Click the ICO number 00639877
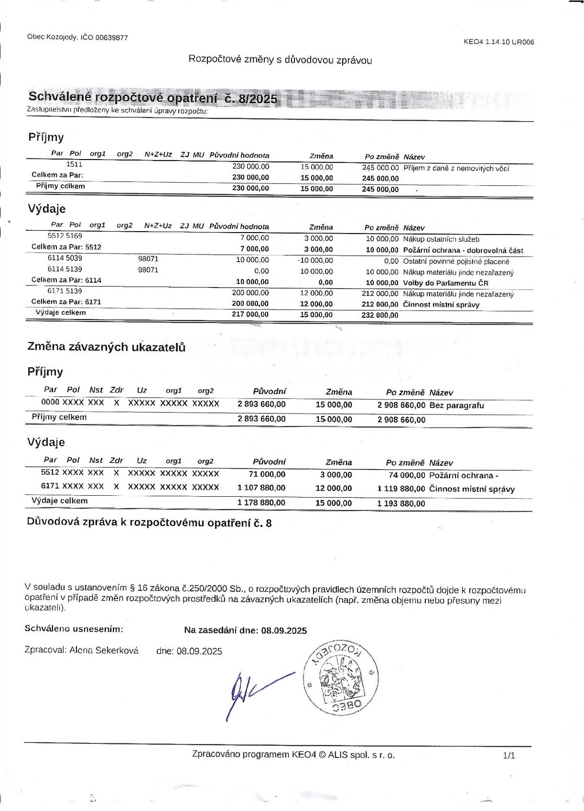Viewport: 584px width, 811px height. [111, 37]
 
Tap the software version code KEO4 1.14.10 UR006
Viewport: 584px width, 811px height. [499, 42]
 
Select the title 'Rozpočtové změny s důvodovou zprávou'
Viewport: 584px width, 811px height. [280, 60]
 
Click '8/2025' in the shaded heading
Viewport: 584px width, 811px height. [257, 99]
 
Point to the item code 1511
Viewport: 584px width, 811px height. [74, 164]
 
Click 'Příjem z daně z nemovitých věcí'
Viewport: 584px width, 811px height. [456, 168]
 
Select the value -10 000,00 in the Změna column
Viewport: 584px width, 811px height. [315, 261]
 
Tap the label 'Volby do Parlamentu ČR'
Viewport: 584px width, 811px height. [446, 283]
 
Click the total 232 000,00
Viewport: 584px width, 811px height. [380, 315]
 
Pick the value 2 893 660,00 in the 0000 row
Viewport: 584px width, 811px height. [261, 404]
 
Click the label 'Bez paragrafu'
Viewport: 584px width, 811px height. [456, 405]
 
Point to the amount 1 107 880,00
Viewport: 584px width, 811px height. [261, 487]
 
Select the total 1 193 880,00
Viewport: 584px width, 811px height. [401, 504]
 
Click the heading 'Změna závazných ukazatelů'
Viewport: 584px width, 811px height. [107, 347]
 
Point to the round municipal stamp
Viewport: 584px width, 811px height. [341, 677]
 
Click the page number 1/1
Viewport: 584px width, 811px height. [509, 755]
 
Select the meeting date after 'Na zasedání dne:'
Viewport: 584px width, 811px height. [284, 631]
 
